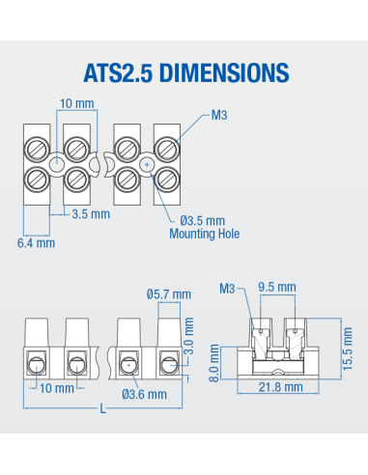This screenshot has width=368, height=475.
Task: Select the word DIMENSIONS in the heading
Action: (x=223, y=73)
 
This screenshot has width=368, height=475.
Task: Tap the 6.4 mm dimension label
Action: (x=36, y=242)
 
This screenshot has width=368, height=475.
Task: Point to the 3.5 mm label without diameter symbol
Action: (x=91, y=214)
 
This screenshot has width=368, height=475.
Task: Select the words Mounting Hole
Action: (x=204, y=234)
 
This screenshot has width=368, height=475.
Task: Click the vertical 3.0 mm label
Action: (x=190, y=335)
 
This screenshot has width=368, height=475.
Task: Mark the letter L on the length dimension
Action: (x=101, y=409)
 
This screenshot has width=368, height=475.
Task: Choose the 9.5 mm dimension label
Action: (x=276, y=287)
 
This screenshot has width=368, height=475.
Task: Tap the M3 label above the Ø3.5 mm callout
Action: (x=221, y=115)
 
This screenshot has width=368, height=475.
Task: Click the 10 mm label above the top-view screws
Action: (x=76, y=102)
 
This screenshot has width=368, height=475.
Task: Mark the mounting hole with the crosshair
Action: (x=146, y=165)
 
